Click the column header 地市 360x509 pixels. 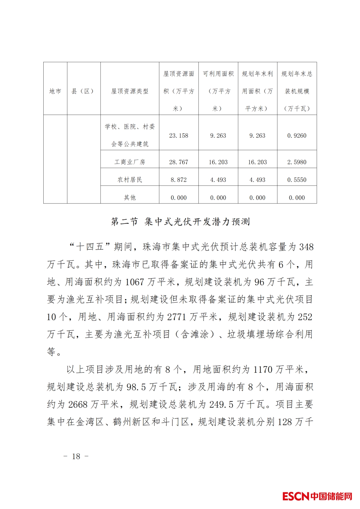click(55, 91)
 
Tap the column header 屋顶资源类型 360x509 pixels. click(130, 91)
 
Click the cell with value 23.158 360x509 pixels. click(179, 136)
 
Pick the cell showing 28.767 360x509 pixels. click(179, 162)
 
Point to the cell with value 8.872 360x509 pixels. click(179, 180)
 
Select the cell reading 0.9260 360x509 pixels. click(297, 136)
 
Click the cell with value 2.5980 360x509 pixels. click(297, 162)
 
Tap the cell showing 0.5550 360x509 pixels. click(297, 180)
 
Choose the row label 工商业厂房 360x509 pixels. click(130, 162)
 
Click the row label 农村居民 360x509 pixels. click(130, 180)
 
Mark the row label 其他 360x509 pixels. click(130, 198)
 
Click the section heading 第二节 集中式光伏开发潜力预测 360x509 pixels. click(180, 222)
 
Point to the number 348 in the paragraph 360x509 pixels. click(306, 247)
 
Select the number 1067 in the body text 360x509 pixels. click(135, 282)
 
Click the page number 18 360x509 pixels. click(76, 456)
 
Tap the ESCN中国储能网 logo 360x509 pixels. click(317, 496)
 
